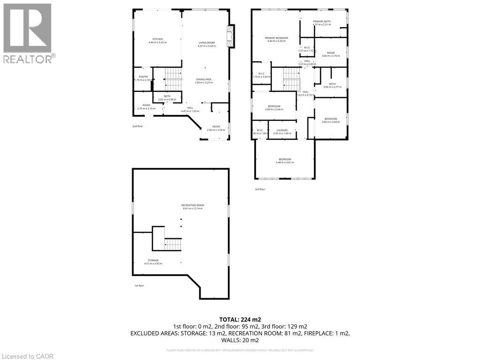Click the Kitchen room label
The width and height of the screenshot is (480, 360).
pos(157,39)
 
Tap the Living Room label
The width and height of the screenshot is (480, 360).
pos(206,43)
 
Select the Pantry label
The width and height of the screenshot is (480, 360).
pos(143,76)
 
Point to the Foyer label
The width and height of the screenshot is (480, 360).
pos(216,127)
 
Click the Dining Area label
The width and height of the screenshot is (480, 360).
pos(204,79)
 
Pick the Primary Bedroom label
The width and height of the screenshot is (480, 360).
pos(276,38)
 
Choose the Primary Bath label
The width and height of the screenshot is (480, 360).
pos(322,21)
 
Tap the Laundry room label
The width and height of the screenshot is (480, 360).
pos(282,130)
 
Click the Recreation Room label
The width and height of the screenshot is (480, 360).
pos(193,205)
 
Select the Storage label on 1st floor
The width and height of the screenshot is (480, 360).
pos(153,260)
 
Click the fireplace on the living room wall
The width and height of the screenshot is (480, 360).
pos(231,37)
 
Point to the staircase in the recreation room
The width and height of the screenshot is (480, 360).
pos(173,244)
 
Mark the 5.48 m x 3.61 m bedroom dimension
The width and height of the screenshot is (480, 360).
pos(285,162)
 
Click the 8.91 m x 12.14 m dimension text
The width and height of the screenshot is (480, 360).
pos(193,209)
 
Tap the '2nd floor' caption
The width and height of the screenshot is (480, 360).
pos(137,126)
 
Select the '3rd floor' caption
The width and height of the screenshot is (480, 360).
pos(260,189)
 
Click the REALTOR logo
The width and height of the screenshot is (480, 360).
pos(28,33)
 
